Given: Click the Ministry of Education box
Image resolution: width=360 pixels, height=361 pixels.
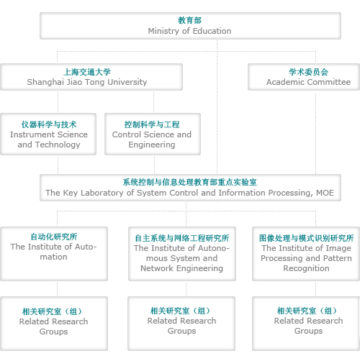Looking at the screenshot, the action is tap(190, 26).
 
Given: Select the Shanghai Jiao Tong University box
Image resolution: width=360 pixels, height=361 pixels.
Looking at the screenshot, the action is tap(91, 77).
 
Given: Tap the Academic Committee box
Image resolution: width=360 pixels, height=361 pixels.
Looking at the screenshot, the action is tap(304, 77).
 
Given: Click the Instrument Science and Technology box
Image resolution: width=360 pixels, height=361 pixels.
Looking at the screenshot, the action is tap(48, 134).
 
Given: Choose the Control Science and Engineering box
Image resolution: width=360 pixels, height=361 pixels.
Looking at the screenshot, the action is tap(153, 134).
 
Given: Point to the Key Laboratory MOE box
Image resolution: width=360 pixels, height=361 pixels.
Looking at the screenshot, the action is tap(190, 188).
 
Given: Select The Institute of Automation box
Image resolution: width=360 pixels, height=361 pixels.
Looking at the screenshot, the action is tap(54, 254).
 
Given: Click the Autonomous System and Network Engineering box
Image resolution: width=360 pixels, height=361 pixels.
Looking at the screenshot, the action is tap(182, 254).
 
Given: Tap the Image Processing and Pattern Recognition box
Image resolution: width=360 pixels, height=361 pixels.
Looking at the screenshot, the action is tap(306, 254).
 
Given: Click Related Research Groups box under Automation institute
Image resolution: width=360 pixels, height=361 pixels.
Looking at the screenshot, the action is tap(54, 324).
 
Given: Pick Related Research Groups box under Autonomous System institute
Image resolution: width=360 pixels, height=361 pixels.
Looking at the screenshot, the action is tap(181, 324).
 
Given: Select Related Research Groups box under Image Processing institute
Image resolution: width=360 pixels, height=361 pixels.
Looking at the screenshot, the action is tap(306, 324).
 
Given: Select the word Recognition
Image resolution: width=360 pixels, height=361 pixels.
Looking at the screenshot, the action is tap(306, 268).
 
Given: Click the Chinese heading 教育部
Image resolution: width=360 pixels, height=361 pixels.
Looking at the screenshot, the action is tap(189, 20).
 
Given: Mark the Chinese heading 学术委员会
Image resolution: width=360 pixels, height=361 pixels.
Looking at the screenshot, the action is tap(308, 72).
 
